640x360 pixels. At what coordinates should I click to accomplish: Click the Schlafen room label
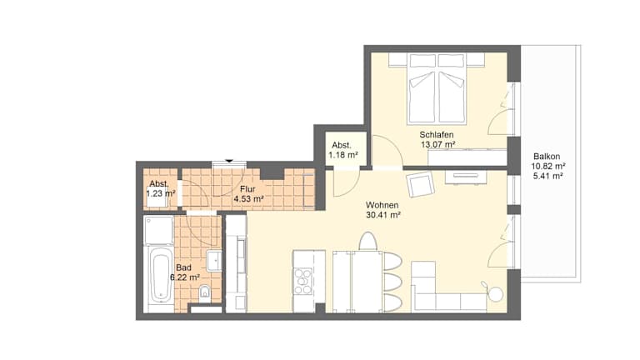click(x=437, y=135)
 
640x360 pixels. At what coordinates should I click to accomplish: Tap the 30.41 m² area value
click(x=383, y=215)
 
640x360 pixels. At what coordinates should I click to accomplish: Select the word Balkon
click(x=547, y=157)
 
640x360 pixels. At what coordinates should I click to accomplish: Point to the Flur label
click(x=247, y=189)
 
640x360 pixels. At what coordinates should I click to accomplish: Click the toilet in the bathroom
click(x=204, y=292)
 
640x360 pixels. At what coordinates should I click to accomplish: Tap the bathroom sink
click(x=214, y=261)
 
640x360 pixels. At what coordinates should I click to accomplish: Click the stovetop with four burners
click(x=302, y=281)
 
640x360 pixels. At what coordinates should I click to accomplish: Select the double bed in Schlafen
click(x=437, y=88)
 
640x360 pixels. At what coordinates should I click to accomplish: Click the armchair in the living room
click(x=420, y=184)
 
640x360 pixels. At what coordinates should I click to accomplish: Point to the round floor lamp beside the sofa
click(x=497, y=294)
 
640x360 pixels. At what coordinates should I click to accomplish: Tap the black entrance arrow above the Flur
click(x=229, y=161)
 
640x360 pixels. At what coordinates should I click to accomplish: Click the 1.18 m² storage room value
click(x=343, y=155)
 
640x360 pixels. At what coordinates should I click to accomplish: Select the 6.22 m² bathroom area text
click(x=185, y=277)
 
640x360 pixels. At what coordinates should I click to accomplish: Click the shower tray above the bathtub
click(x=159, y=230)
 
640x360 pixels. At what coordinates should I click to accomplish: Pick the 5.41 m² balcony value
click(x=548, y=177)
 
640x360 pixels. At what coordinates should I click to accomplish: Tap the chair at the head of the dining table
click(x=367, y=241)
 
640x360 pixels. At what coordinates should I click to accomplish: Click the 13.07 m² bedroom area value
click(x=438, y=144)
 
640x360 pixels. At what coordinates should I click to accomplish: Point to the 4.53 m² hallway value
click(x=248, y=199)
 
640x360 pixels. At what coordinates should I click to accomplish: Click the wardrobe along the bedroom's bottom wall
click(x=467, y=157)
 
